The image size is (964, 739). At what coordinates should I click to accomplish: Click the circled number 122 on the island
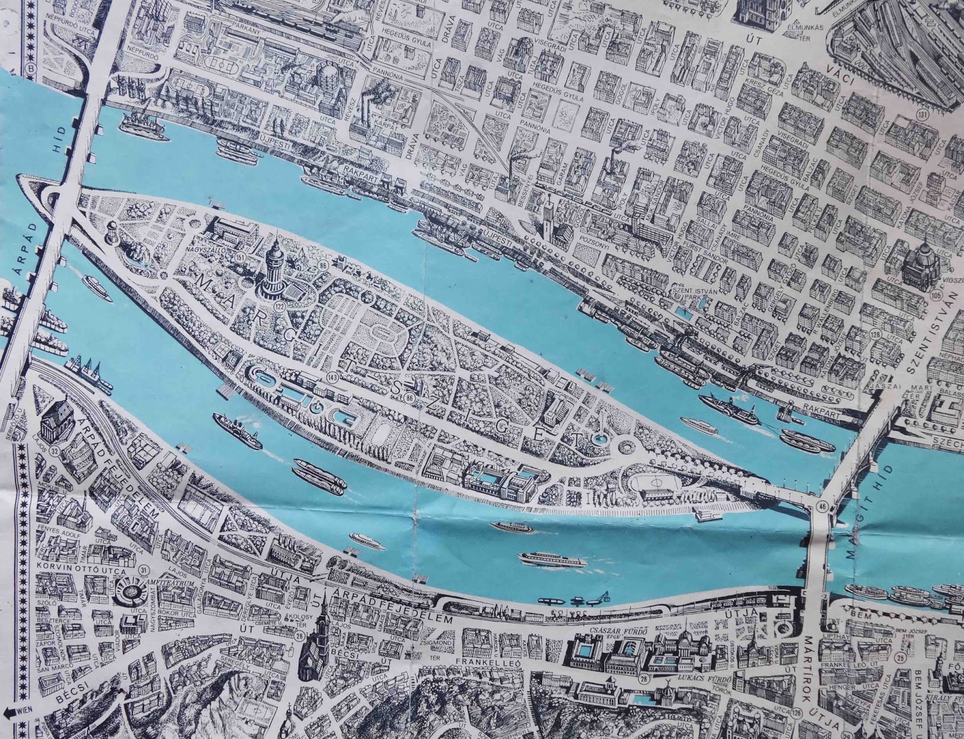pos(279,307)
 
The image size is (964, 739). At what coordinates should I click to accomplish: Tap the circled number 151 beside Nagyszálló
pos(241,258)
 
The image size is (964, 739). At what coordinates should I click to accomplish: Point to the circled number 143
pos(332,377)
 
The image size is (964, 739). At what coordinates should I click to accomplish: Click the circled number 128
pos(875,334)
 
